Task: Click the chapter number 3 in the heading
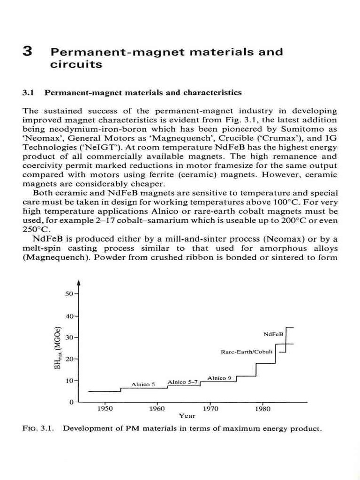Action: coord(27,52)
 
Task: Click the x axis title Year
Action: coord(187,415)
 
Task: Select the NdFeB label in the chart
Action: coord(274,334)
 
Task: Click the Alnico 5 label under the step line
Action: coord(143,384)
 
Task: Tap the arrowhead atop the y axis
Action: coord(79,283)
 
